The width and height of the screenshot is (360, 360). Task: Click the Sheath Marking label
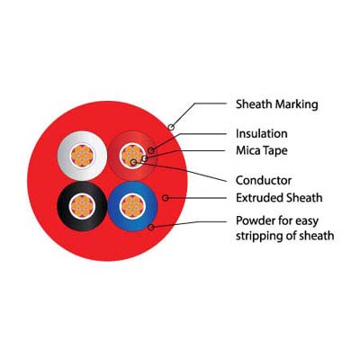pos(276,104)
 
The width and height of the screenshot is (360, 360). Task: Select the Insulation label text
pos(262,133)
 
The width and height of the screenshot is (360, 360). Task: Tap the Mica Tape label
pos(262,150)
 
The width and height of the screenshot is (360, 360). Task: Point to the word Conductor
pos(264,180)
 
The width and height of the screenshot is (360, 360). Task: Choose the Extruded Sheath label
pos(279,198)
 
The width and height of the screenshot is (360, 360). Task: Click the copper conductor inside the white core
pos(82,156)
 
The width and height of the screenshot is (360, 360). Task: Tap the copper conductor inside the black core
pos(82,206)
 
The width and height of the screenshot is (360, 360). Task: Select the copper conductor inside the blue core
pos(132,206)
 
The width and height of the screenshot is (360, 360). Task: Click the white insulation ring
pos(65,156)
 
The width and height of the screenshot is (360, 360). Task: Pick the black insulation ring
pos(64,206)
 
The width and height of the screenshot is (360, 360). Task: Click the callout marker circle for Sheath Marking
pos(171,127)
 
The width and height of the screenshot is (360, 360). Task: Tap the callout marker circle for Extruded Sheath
pos(166,198)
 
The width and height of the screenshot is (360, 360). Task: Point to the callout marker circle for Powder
pos(151,227)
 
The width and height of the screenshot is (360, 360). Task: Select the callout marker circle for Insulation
pos(151,150)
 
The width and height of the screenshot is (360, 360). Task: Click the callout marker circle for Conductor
pos(133,163)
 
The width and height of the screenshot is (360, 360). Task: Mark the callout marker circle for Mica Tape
pos(145,158)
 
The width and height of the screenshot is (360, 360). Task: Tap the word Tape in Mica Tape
pos(274,151)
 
